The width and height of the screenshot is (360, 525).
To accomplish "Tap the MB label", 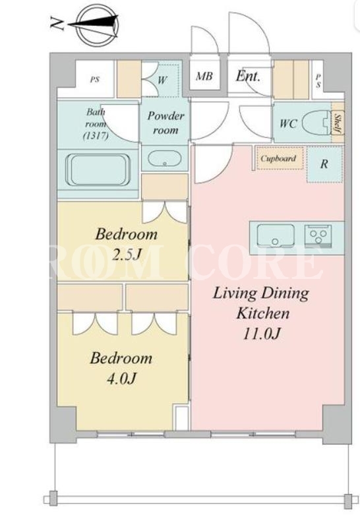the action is pos(204,77).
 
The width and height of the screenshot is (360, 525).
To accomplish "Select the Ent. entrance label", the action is pos(248,77).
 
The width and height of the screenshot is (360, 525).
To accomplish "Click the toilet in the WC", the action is pos(317,123).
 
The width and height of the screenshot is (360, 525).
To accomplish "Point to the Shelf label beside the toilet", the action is pos(337,123).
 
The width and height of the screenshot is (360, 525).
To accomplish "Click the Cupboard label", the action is pos(278,158).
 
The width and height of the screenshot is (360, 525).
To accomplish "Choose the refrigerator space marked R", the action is pos(324,164).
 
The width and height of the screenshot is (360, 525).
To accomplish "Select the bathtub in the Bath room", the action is pos(98,170).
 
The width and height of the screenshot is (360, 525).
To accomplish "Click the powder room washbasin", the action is pos(164,159).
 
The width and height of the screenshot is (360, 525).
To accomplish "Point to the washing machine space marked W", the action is pos(162,80).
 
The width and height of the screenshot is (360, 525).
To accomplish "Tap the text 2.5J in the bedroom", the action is pos(125,255).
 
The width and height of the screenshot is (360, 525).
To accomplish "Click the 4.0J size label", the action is pos(121,379).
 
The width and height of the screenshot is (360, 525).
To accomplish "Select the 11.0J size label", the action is pos(261,334).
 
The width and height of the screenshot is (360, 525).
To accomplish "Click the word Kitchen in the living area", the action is pos(263,314).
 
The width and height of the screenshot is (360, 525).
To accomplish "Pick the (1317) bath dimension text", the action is pos(96,136).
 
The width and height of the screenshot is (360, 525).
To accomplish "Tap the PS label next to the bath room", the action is pos(95,80).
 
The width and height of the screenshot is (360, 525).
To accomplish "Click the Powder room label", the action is pos(165,123).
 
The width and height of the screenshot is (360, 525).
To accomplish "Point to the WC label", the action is pos(288,123).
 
